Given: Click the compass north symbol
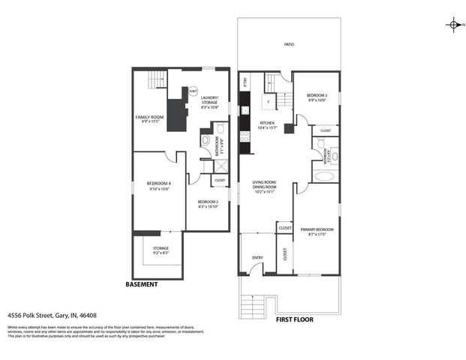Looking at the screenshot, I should (x=454, y=25).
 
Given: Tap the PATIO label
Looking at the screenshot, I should (x=289, y=45).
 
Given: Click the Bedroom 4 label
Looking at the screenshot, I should (x=158, y=187).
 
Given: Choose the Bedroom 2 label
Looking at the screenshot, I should (x=208, y=204).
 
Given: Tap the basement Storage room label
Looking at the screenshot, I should (x=161, y=250).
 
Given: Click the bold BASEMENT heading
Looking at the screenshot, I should (x=141, y=285).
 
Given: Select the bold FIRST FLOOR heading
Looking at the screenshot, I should (x=294, y=319).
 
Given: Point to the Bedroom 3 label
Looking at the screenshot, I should (x=317, y=97).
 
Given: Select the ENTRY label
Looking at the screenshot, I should (x=257, y=258).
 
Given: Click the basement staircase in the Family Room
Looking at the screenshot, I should (x=155, y=79).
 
